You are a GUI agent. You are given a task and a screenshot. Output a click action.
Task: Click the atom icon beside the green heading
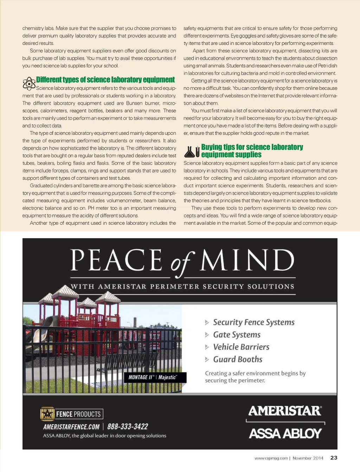point(29,84)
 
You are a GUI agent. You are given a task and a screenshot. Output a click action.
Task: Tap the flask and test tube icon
point(192,151)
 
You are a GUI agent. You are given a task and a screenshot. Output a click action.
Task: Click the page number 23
point(334,458)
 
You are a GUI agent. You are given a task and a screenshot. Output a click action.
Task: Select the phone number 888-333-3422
point(128,427)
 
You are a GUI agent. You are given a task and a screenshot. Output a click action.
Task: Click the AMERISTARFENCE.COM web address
point(71,427)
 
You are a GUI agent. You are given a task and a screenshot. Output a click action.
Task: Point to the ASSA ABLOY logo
point(285,433)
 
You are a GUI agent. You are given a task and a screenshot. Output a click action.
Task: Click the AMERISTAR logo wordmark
point(285,411)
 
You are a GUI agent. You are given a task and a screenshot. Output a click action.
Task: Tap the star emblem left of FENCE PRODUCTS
point(47,414)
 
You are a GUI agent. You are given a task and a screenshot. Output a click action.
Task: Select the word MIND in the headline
point(247,260)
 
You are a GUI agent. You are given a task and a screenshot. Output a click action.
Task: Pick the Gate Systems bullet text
point(237,335)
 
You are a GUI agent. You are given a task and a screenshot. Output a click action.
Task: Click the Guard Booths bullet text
point(238,359)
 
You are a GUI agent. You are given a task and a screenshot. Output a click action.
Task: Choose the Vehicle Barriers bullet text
point(241,347)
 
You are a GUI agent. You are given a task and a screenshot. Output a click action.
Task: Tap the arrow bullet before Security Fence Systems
point(207,322)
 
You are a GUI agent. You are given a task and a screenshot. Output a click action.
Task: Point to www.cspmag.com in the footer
point(271,458)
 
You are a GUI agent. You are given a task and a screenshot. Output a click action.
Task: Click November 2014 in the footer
point(308,458)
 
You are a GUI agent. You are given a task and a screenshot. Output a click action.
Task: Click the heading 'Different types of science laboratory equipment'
point(105,80)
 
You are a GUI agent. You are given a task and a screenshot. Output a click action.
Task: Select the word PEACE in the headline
point(116,260)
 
